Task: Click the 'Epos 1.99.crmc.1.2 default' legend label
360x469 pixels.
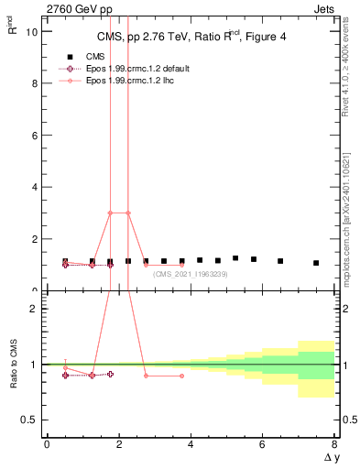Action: point(136,69)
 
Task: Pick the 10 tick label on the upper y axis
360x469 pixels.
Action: point(33,31)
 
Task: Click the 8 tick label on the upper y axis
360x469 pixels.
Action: point(36,83)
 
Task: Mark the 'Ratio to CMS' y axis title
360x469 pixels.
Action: point(14,364)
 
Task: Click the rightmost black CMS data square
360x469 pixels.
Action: point(316,263)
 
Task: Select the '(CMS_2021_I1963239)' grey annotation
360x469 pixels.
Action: point(191,274)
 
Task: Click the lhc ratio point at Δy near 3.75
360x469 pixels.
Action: point(181,376)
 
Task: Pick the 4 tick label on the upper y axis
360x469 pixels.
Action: point(36,187)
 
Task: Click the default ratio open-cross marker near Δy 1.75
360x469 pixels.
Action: point(110,374)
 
